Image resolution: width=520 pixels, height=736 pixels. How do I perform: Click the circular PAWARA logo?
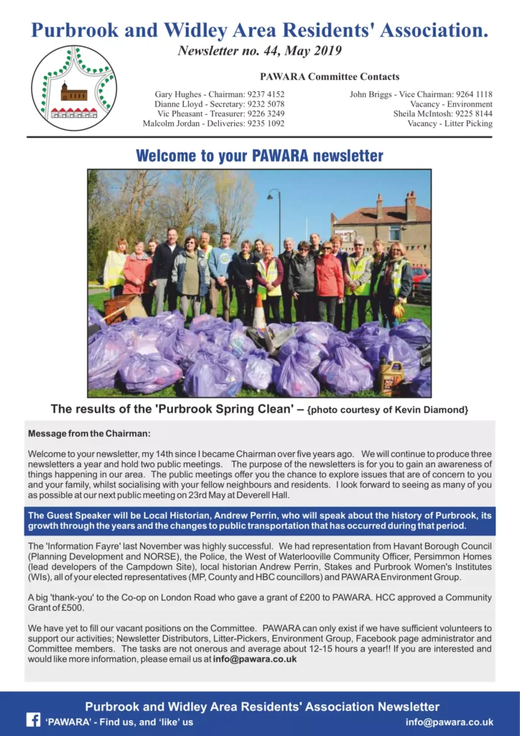[x=73, y=87]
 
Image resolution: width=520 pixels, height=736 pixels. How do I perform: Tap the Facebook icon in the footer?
[x=33, y=719]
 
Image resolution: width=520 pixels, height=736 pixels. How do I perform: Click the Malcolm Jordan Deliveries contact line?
[x=213, y=124]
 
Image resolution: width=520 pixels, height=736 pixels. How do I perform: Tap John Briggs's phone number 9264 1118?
[x=474, y=94]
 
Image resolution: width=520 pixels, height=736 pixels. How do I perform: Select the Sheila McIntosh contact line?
[x=442, y=114]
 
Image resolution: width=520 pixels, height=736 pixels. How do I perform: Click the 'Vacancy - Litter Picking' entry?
[x=450, y=124]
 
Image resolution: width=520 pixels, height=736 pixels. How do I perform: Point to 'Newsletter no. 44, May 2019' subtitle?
[x=260, y=51]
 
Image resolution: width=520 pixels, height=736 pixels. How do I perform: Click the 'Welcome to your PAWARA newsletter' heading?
[x=259, y=156]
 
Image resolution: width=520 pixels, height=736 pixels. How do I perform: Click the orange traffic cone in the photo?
[x=259, y=313]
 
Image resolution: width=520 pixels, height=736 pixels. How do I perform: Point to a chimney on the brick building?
[x=410, y=205]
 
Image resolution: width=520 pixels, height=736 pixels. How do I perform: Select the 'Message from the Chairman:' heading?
[x=90, y=433]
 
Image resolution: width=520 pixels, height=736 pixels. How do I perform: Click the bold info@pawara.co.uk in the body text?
[x=255, y=659]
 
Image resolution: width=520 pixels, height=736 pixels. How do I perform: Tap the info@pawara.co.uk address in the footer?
[x=450, y=722]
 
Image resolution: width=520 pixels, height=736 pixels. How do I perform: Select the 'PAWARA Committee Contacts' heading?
[x=330, y=77]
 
